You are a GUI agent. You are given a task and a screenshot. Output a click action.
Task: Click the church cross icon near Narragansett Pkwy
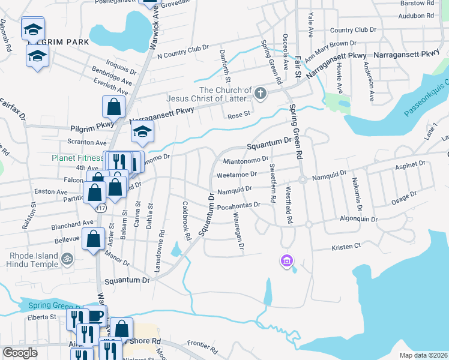pyautogui.click(x=259, y=93)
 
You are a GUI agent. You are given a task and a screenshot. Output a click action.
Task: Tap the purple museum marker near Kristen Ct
pyautogui.click(x=286, y=260)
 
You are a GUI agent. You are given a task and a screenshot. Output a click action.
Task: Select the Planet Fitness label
pyautogui.click(x=76, y=158)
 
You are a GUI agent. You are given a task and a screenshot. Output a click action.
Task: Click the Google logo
pyautogui.click(x=20, y=353)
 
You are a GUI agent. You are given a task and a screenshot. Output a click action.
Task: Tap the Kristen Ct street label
pyautogui.click(x=346, y=246)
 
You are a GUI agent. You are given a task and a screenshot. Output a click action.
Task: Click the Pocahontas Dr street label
pyautogui.click(x=238, y=205)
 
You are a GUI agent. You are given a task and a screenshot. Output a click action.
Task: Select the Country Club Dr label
pyautogui.click(x=353, y=29)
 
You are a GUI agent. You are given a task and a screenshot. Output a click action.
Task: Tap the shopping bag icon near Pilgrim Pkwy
pyautogui.click(x=114, y=107)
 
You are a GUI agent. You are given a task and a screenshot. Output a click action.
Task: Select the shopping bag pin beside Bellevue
pyautogui.click(x=94, y=238)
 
